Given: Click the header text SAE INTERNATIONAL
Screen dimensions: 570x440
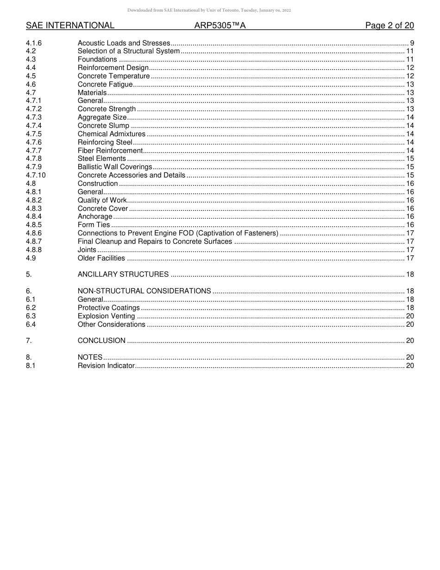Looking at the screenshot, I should click(x=70, y=25).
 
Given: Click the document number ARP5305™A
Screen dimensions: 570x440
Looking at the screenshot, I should click(x=220, y=25).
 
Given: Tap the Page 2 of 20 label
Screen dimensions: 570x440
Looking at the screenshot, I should click(x=390, y=25).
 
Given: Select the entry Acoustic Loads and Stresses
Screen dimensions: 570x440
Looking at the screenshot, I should click(x=124, y=43).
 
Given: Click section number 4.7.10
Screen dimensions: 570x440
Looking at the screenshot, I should click(x=36, y=175).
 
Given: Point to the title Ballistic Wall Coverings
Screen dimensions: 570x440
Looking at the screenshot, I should click(x=115, y=167).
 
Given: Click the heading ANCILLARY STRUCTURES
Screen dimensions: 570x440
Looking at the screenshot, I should click(x=123, y=274).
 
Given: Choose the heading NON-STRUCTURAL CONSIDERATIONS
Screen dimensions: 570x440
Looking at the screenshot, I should click(x=145, y=291).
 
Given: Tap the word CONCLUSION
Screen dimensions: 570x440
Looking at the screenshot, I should click(x=101, y=341).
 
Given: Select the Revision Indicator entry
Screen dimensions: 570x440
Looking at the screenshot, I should click(x=106, y=366).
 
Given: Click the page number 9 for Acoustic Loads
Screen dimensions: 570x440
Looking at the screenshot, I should click(x=412, y=43).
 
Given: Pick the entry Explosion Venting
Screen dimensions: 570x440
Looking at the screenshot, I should click(x=106, y=316).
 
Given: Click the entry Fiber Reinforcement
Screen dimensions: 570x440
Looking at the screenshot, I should click(x=110, y=151).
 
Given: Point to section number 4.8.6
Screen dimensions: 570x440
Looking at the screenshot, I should click(x=34, y=233).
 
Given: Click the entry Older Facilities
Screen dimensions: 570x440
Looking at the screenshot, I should click(x=101, y=258).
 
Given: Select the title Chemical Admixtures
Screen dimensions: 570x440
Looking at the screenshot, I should click(x=112, y=134).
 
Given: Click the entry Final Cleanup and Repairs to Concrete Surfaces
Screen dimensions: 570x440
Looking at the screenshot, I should click(x=155, y=241).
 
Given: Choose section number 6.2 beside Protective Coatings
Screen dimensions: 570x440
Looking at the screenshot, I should click(x=31, y=308).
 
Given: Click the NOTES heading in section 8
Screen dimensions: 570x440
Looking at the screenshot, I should click(x=90, y=357).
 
